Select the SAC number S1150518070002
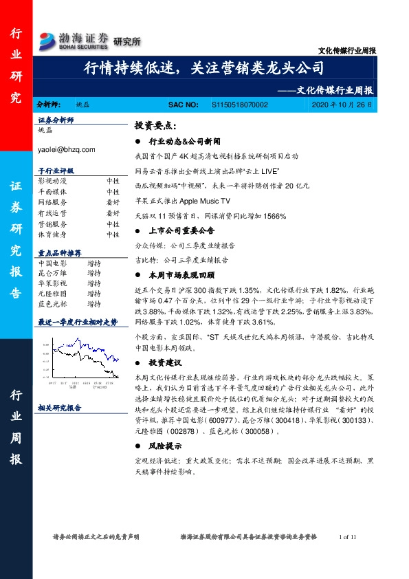pos(239,104)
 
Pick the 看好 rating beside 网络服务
pos(113,202)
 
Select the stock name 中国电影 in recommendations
pos(52,263)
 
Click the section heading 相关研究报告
pos(60,408)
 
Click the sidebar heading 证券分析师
pos(56,120)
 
